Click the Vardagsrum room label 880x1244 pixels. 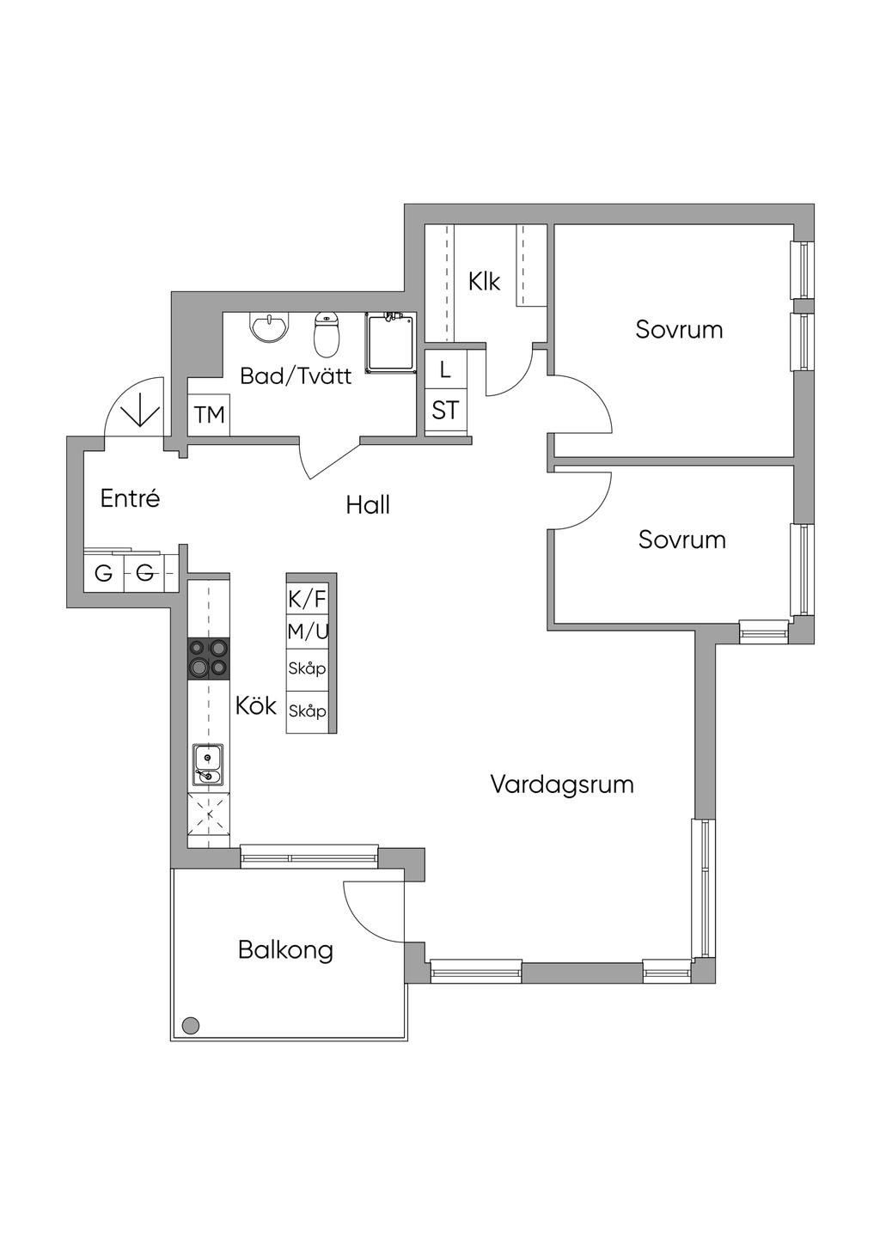tap(562, 784)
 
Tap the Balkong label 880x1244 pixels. tap(285, 950)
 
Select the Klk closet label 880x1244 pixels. tap(484, 282)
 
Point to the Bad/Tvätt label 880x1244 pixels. tap(296, 376)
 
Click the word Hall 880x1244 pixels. tap(368, 505)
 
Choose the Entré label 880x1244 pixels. tap(130, 498)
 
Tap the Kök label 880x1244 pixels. tap(256, 706)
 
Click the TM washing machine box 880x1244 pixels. tap(209, 414)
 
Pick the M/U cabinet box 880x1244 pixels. tap(308, 631)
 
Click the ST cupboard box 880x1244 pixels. tap(445, 411)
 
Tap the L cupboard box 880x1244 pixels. tap(445, 370)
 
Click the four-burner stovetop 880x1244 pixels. tap(209, 659)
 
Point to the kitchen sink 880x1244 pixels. tap(208, 764)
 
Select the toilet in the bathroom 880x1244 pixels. tap(326, 334)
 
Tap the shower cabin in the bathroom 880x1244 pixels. tap(390, 342)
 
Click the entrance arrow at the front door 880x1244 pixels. tap(143, 411)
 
